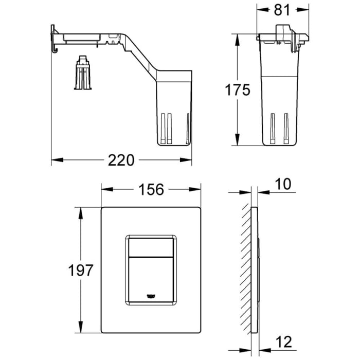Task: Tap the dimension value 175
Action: [x=238, y=90]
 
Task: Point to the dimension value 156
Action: [x=151, y=190]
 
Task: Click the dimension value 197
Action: [x=81, y=269]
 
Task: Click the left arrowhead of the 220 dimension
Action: [x=56, y=160]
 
